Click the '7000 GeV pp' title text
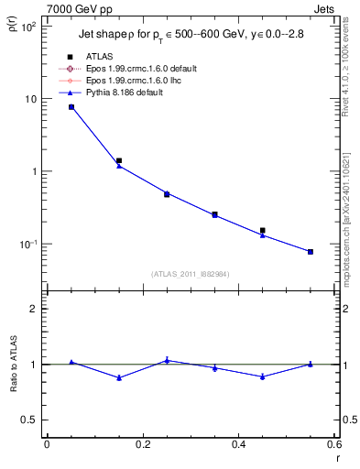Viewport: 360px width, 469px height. pyautogui.click(x=76, y=8)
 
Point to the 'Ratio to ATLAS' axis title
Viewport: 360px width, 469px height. pyautogui.click(x=12, y=364)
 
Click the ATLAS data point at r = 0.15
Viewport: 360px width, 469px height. pyautogui.click(x=119, y=160)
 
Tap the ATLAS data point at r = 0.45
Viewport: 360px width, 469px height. pyautogui.click(x=263, y=231)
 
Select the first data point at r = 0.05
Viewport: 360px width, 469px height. pyautogui.click(x=71, y=107)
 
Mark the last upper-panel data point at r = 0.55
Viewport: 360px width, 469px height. pyautogui.click(x=311, y=251)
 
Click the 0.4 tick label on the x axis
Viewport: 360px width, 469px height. pyautogui.click(x=238, y=444)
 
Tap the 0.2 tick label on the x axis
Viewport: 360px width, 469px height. pyautogui.click(x=142, y=444)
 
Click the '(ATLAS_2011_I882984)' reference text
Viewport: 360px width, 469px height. pyautogui.click(x=190, y=273)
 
